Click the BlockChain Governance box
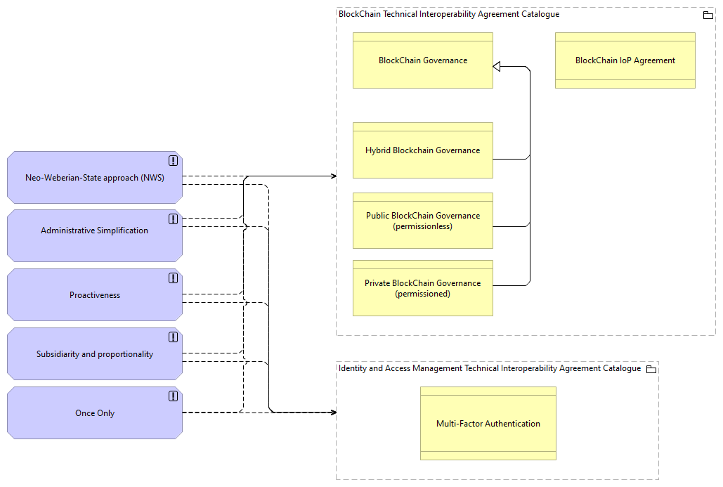point(422,60)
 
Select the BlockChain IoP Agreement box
point(625,60)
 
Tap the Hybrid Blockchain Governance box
point(422,150)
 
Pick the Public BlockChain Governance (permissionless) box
point(422,221)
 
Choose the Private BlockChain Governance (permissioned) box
point(422,288)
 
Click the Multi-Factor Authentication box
point(488,424)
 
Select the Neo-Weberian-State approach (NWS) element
point(95,178)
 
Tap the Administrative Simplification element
point(95,230)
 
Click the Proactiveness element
point(95,295)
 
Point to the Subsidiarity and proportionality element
point(95,354)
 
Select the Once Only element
point(95,413)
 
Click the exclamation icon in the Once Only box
point(173,396)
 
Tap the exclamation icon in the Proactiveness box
point(173,278)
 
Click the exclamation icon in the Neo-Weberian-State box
point(173,160)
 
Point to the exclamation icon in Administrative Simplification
point(173,219)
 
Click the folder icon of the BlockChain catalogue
point(708,15)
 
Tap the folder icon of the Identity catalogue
point(651,369)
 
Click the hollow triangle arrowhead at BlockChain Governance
point(497,67)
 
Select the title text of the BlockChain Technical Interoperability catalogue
point(449,14)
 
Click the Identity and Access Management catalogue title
point(489,368)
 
